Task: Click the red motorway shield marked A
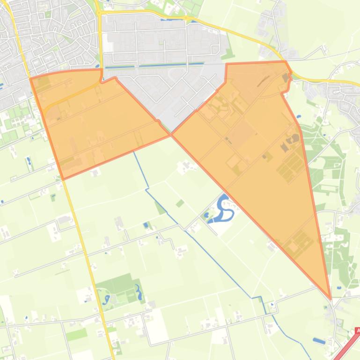(358, 331)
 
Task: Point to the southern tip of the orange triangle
(331, 298)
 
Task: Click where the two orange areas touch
(171, 135)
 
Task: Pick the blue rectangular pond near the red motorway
(319, 341)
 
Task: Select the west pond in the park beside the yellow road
(107, 299)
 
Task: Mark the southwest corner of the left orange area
(63, 179)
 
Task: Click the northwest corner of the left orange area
(31, 79)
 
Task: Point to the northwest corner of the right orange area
(227, 64)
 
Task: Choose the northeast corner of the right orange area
(285, 61)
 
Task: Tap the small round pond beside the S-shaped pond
(207, 215)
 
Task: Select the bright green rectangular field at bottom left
(76, 335)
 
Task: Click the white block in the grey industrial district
(108, 47)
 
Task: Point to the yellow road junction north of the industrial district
(100, 13)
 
